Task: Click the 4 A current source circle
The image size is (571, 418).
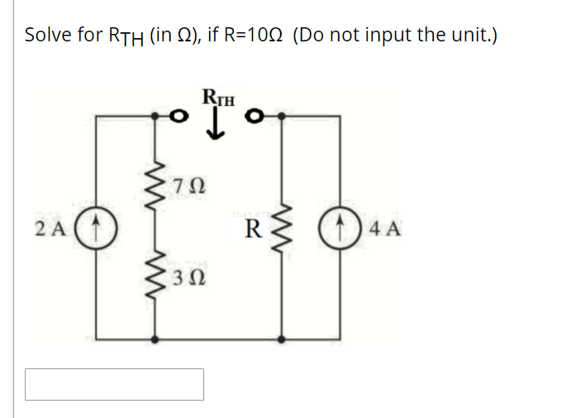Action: pos(340,227)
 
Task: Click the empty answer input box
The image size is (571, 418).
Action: pos(114,384)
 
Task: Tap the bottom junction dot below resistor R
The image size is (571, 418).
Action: pos(283,339)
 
